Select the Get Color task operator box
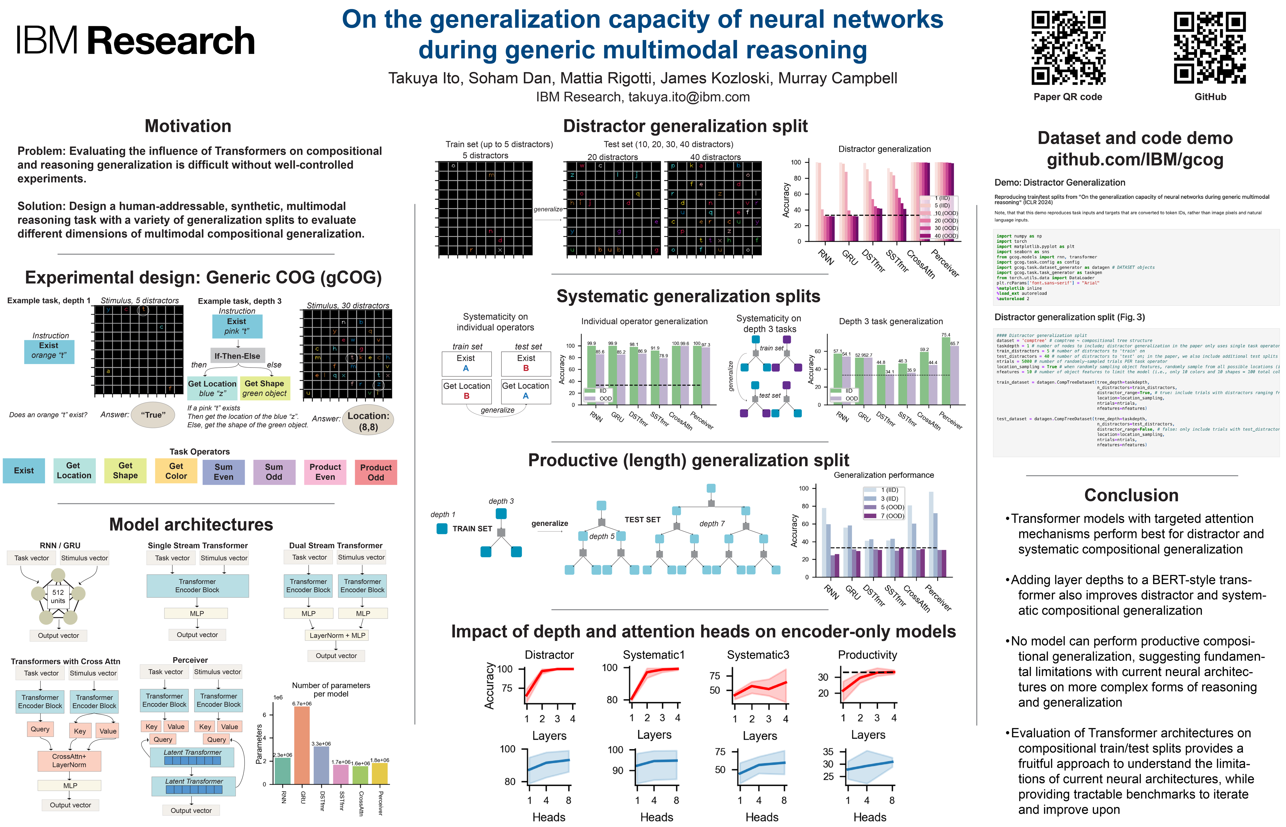coord(176,471)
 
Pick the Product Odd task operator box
coord(376,472)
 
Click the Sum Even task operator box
coord(223,472)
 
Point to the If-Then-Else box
coord(237,356)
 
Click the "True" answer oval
coord(153,415)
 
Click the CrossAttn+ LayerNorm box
coord(69,760)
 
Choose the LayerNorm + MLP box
coord(337,635)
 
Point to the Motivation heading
coord(188,126)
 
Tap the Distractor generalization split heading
coord(685,126)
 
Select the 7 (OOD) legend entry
coord(892,516)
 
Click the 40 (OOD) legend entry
coord(946,236)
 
